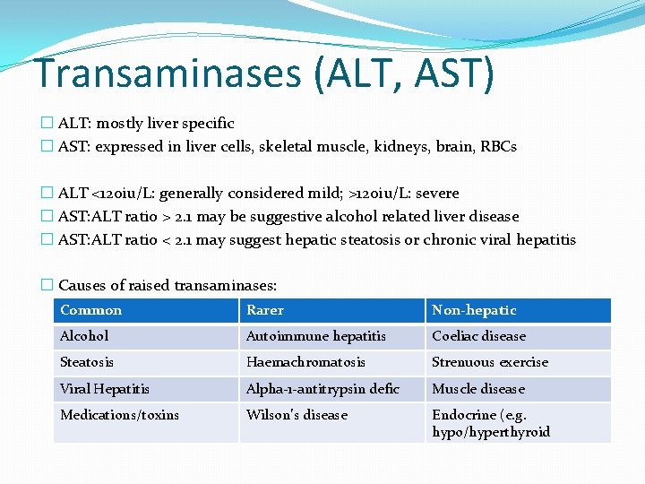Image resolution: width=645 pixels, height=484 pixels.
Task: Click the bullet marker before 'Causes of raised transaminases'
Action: pyautogui.click(x=47, y=285)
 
